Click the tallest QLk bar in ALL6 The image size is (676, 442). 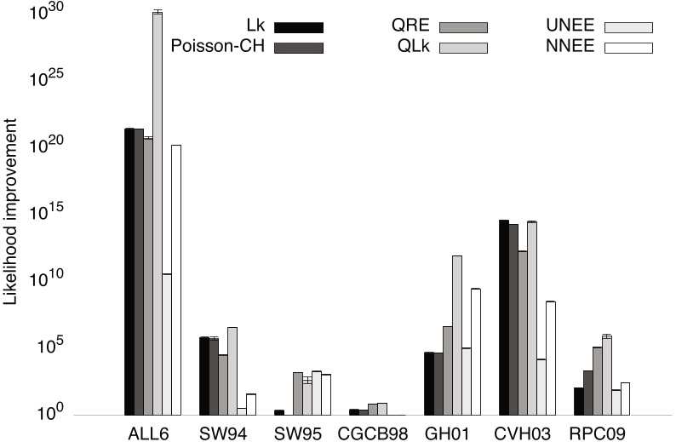coord(158,213)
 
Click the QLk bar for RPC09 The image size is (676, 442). coord(606,376)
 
